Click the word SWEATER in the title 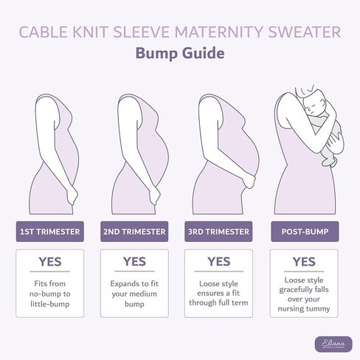[304, 32]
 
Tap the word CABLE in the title [44, 32]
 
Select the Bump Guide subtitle [180, 53]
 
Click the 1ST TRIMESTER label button [50, 232]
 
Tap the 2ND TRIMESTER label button [134, 232]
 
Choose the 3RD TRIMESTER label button [218, 232]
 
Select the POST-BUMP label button [305, 232]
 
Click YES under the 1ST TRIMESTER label [50, 262]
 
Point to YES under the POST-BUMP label [304, 262]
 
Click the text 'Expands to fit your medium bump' [134, 294]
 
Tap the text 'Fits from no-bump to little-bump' [50, 294]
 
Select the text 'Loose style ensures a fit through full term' [218, 293]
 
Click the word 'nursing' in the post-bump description [289, 309]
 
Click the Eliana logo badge [333, 344]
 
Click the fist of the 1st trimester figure [72, 196]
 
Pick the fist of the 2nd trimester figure [154, 196]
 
